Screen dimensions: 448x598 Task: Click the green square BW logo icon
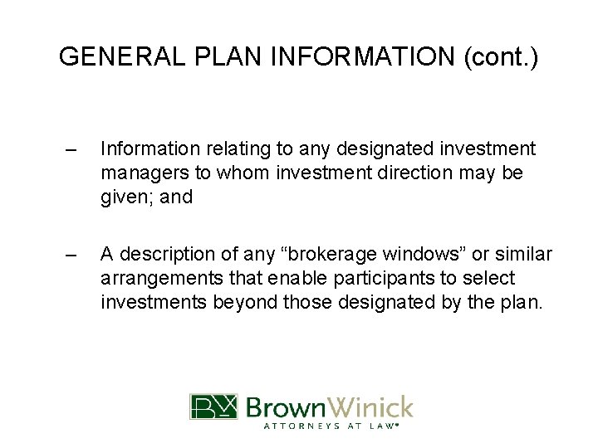coord(213,407)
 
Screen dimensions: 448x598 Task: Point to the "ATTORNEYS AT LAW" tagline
coord(330,427)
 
